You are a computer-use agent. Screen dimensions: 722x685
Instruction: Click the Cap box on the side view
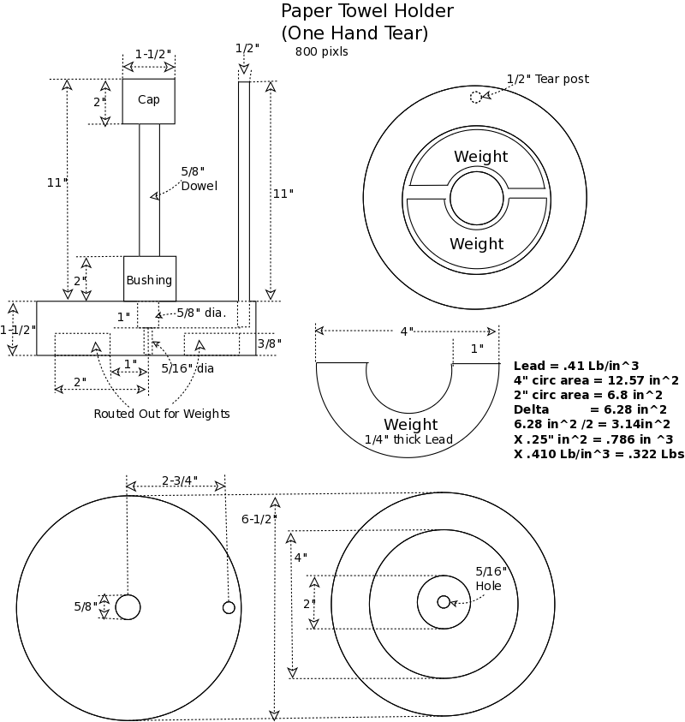148,100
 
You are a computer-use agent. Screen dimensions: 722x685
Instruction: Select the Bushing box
149,279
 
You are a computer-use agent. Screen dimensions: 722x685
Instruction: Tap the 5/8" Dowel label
199,178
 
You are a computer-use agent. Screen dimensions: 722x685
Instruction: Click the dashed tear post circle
476,97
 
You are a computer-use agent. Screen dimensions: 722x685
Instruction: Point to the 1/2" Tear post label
547,79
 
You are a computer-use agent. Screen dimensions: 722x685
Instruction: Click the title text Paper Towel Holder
367,12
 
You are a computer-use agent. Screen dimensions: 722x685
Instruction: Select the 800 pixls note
321,51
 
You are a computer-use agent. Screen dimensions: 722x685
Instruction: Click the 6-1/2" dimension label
259,518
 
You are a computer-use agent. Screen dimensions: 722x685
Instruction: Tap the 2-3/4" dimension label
179,480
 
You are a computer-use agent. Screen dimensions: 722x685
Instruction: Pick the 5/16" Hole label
491,578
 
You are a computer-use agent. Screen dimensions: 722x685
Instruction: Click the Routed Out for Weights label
162,414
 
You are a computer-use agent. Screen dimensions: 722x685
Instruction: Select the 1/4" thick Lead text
408,440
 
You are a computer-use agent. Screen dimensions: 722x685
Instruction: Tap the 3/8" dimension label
269,343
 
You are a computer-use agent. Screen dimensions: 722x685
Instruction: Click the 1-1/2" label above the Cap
152,53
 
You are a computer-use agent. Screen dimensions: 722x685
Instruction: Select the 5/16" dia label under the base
188,368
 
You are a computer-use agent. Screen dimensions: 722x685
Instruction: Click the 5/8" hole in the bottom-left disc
128,606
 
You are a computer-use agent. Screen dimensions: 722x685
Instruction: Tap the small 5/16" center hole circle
444,602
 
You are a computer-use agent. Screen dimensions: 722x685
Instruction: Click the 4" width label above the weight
407,331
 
